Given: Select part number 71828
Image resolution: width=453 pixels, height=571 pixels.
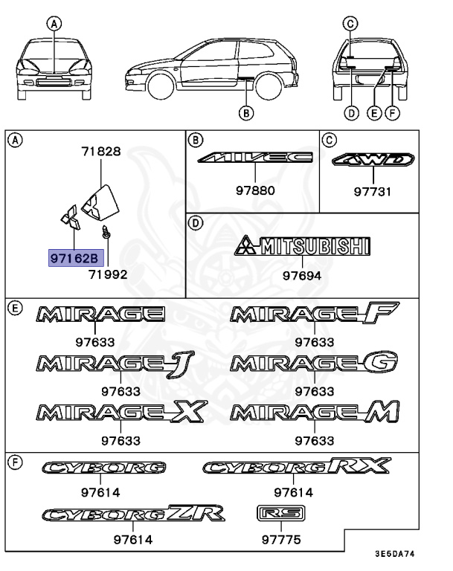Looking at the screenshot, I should pyautogui.click(x=100, y=152).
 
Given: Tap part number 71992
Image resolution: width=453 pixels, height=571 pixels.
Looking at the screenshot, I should pyautogui.click(x=108, y=274).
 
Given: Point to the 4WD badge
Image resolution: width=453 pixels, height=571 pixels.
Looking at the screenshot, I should pyautogui.click(x=372, y=159).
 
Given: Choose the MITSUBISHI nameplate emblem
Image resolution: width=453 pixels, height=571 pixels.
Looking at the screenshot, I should pyautogui.click(x=302, y=246).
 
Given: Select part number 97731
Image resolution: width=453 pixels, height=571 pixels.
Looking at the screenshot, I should pyautogui.click(x=372, y=191).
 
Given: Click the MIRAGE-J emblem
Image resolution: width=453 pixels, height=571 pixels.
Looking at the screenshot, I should pyautogui.click(x=109, y=362).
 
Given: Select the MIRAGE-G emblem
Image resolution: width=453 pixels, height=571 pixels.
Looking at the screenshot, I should pyautogui.click(x=313, y=363).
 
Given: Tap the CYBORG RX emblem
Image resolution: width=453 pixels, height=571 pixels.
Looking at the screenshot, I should pyautogui.click(x=296, y=466).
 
